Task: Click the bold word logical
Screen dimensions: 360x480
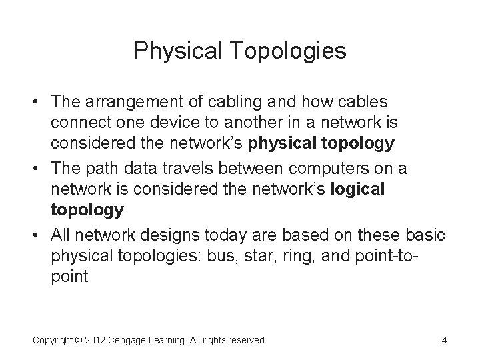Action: [x=359, y=189]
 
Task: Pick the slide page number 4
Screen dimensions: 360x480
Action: [x=444, y=340]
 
